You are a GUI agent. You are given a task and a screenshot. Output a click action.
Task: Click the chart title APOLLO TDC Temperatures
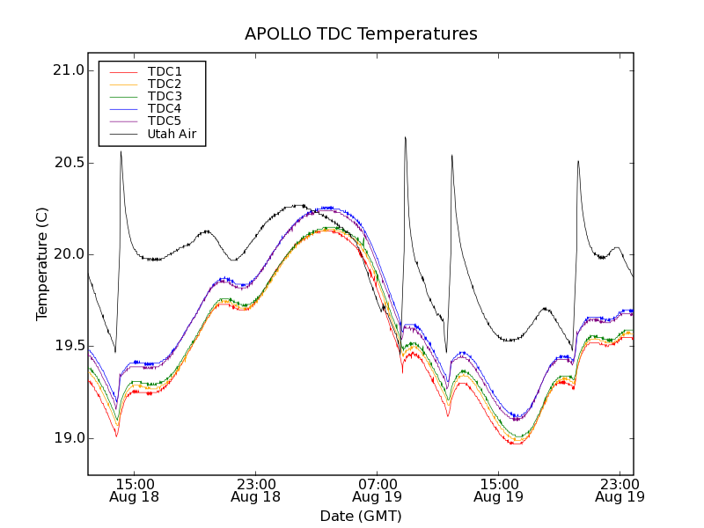(x=361, y=34)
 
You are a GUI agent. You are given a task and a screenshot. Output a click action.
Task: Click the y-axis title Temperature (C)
(x=42, y=263)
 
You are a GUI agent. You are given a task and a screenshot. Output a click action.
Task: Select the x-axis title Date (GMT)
(x=361, y=516)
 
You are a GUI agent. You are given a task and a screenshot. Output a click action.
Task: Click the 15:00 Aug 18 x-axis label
(x=134, y=490)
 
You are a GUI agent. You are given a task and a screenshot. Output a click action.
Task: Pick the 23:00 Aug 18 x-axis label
(x=255, y=490)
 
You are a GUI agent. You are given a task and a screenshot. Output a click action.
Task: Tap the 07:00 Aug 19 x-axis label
(x=377, y=490)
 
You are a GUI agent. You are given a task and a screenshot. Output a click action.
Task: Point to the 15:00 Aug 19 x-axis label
(x=498, y=490)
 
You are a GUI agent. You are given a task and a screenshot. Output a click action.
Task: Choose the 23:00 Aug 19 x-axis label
(x=620, y=490)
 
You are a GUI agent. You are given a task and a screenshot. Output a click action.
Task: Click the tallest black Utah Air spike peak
(x=405, y=137)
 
